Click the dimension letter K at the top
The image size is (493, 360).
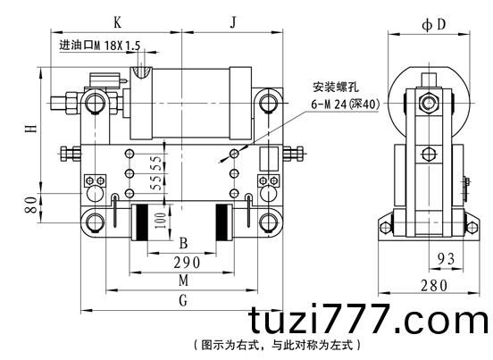(x=117, y=22)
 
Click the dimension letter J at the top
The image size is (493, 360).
(x=233, y=22)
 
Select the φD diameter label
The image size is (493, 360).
(x=434, y=24)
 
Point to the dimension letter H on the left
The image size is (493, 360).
(x=31, y=129)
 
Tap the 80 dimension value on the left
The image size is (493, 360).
(x=31, y=205)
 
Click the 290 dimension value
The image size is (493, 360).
(x=187, y=263)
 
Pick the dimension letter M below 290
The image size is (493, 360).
(x=183, y=280)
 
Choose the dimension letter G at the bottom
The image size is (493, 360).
(x=183, y=300)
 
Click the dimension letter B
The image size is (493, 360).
(x=183, y=243)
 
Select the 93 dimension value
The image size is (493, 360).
(x=447, y=259)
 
